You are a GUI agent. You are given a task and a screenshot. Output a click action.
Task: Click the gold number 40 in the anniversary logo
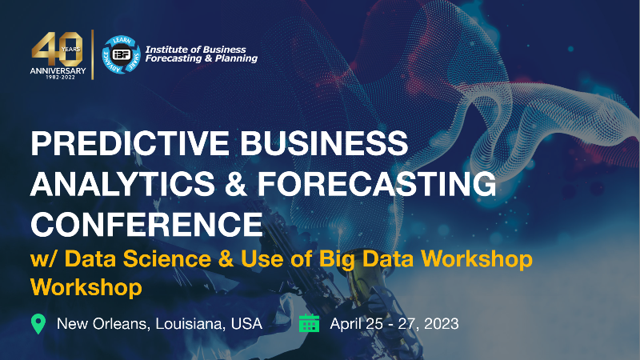click(x=58, y=49)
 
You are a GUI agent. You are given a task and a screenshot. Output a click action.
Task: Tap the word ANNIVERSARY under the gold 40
click(x=58, y=70)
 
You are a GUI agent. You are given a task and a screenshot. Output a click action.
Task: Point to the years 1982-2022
click(x=61, y=77)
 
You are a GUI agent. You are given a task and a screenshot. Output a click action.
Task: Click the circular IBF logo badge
click(x=122, y=54)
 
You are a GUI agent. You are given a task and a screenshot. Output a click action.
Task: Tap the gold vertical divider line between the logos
click(x=93, y=54)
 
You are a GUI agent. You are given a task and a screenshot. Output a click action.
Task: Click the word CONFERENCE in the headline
click(x=146, y=225)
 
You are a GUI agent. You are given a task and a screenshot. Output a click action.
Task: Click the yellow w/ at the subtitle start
click(x=44, y=258)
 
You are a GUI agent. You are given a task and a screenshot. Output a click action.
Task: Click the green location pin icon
click(x=38, y=324)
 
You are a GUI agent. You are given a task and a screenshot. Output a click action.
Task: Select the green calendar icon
click(x=309, y=323)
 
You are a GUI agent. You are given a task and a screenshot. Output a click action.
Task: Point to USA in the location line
click(x=246, y=324)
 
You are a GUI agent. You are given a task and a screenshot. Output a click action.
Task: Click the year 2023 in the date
click(x=442, y=324)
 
